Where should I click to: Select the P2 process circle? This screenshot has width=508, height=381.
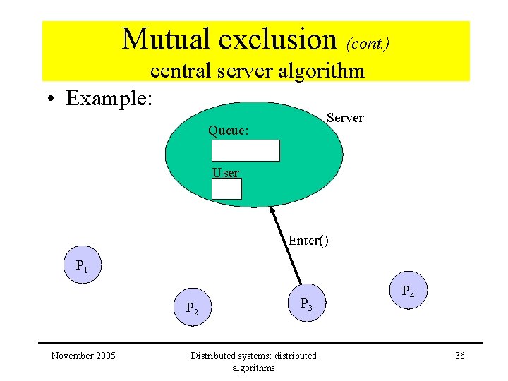tap(192, 307)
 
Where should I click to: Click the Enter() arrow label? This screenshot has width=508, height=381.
tap(308, 241)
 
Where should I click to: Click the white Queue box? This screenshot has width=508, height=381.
tap(246, 151)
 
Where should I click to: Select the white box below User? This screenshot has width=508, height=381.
tap(226, 188)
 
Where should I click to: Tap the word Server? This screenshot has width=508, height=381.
tap(345, 118)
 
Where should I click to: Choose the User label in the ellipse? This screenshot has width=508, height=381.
tap(226, 172)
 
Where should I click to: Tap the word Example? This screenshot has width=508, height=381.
tap(109, 98)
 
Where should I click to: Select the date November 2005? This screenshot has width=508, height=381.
tap(83, 356)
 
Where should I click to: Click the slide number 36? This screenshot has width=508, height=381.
tap(459, 356)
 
